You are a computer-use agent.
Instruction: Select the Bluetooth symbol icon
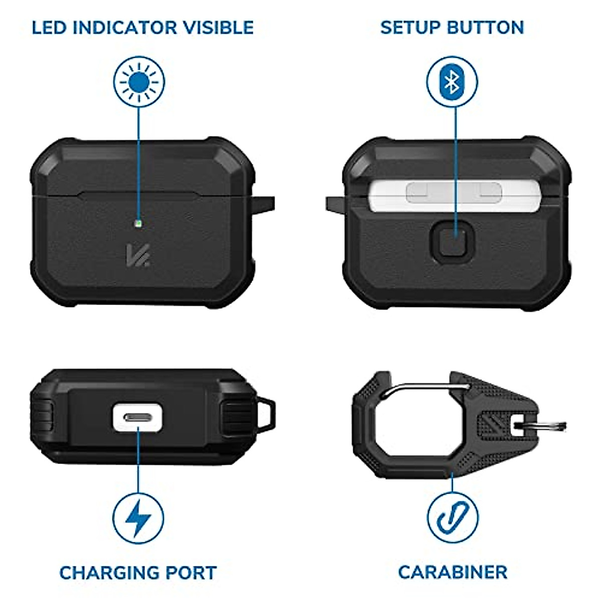(x=452, y=82)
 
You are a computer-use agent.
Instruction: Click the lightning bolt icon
(x=138, y=518)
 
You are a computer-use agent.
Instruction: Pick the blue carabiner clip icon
(x=452, y=518)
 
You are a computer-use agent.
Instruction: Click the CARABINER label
(x=453, y=572)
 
